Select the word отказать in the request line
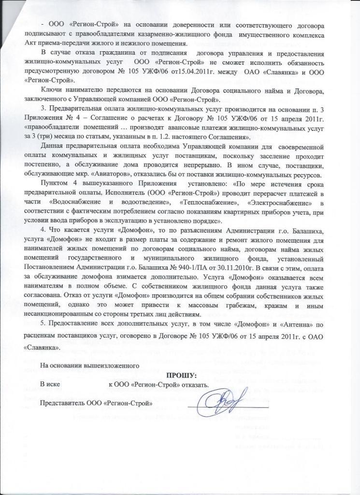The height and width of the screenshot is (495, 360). pos(194,385)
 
